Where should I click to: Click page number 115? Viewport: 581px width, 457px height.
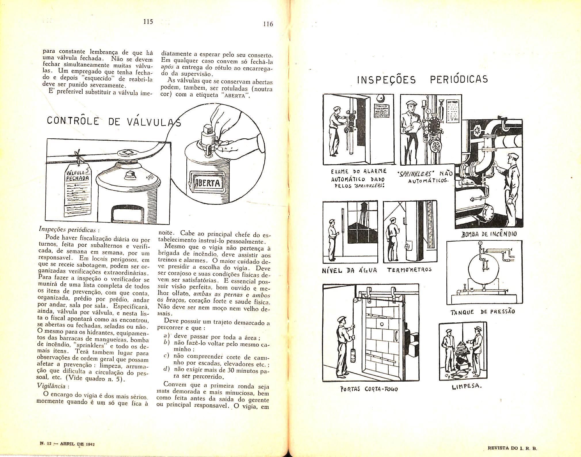click(x=148, y=22)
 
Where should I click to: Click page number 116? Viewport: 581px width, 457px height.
click(x=268, y=24)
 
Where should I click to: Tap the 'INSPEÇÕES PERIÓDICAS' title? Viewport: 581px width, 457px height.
click(x=422, y=79)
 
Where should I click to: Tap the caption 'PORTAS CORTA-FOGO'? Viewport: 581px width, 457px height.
click(x=369, y=389)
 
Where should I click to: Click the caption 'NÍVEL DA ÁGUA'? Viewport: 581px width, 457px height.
click(x=349, y=271)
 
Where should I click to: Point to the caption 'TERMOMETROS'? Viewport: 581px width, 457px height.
click(x=409, y=270)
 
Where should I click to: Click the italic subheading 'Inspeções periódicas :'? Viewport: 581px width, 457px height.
click(x=69, y=230)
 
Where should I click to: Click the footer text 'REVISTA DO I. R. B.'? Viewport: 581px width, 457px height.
click(x=512, y=448)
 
